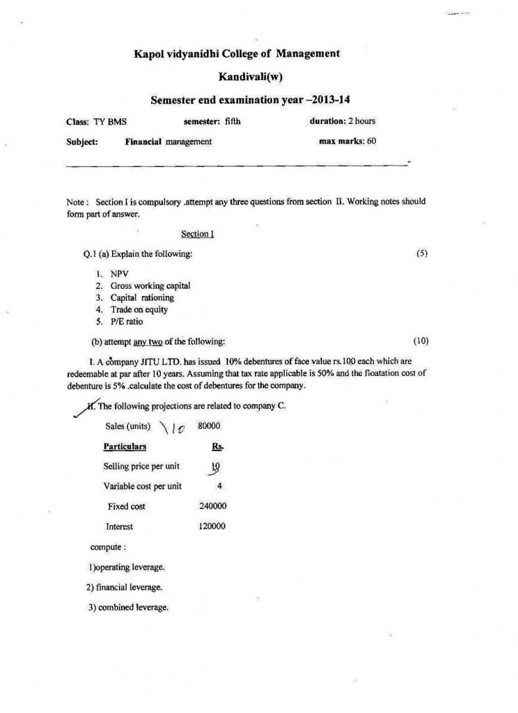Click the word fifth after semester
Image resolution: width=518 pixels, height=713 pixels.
[233, 121]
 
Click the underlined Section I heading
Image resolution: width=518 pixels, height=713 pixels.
[197, 234]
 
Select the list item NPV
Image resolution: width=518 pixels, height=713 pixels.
[120, 274]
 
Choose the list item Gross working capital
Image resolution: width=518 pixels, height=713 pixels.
[150, 285]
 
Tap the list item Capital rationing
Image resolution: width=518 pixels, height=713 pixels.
[142, 297]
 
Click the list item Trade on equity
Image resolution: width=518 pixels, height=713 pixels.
[139, 309]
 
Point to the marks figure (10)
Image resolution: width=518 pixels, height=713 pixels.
[421, 340]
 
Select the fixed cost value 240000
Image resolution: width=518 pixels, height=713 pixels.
[213, 506]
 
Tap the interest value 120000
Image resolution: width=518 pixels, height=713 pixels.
[212, 526]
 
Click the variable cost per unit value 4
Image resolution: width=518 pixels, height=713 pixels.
[219, 486]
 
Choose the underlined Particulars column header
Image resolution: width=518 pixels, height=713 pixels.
[125, 446]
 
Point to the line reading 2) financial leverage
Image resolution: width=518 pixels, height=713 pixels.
[125, 587]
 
